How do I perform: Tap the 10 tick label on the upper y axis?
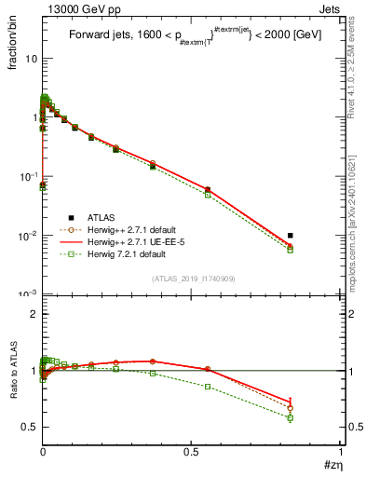31,58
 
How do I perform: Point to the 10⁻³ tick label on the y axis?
29,294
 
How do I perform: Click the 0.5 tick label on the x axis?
192,452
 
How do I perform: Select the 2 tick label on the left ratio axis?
34,314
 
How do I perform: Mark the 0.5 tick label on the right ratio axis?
355,427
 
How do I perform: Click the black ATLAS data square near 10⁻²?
291,236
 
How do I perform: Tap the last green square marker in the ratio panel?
291,417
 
